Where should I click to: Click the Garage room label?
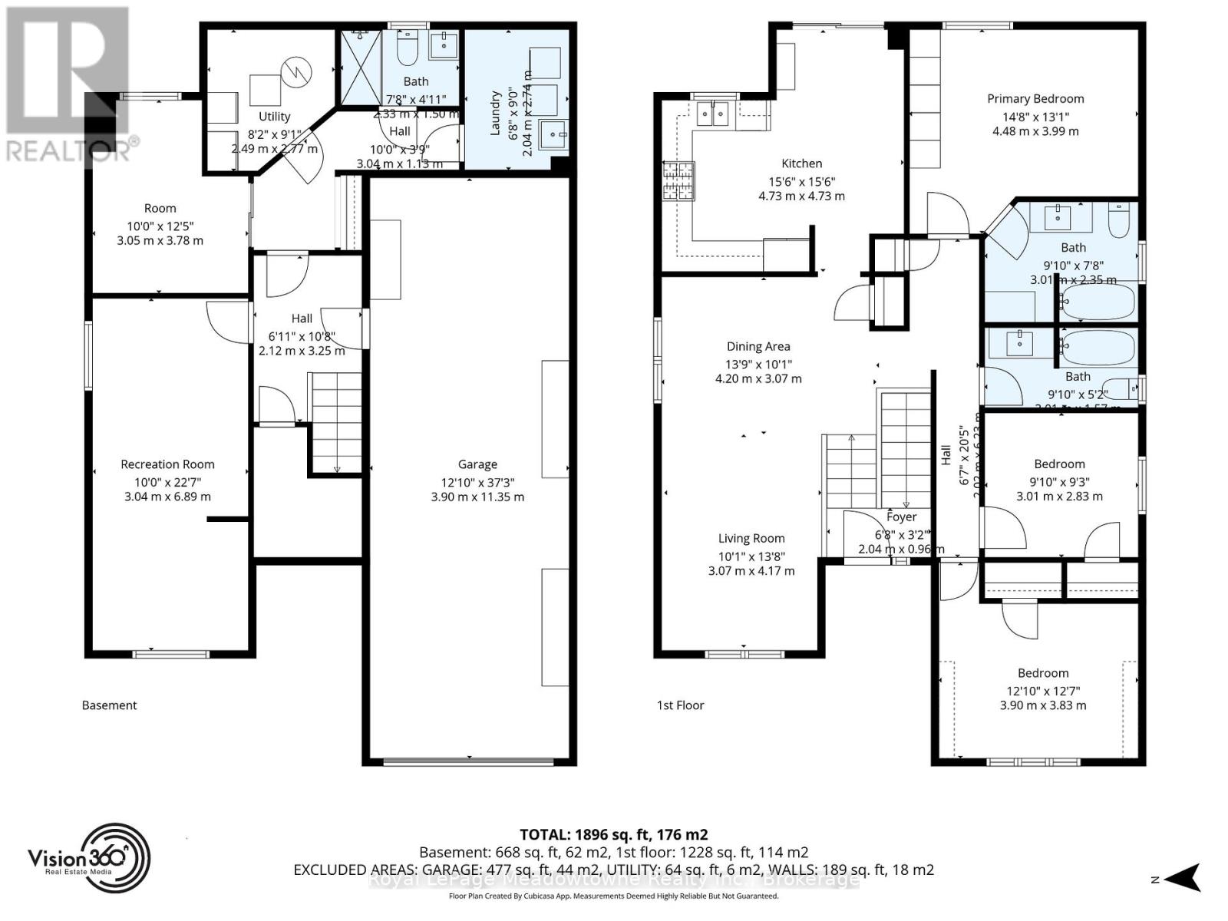tap(477, 464)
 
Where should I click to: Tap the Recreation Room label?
tap(167, 464)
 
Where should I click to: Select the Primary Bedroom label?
tap(1035, 98)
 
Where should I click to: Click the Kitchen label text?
tap(801, 163)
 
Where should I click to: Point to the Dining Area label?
tap(758, 347)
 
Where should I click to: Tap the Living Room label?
tap(751, 539)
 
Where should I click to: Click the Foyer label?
tap(901, 517)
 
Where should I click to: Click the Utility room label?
tap(274, 117)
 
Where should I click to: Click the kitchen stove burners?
tap(678, 181)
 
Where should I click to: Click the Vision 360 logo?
tap(89, 857)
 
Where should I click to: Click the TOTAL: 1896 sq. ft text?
tap(613, 834)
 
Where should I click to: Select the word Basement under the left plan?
tap(109, 705)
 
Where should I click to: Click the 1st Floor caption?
tap(680, 705)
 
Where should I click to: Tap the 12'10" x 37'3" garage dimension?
tap(477, 483)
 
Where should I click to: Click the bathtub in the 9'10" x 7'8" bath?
tap(1098, 302)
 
